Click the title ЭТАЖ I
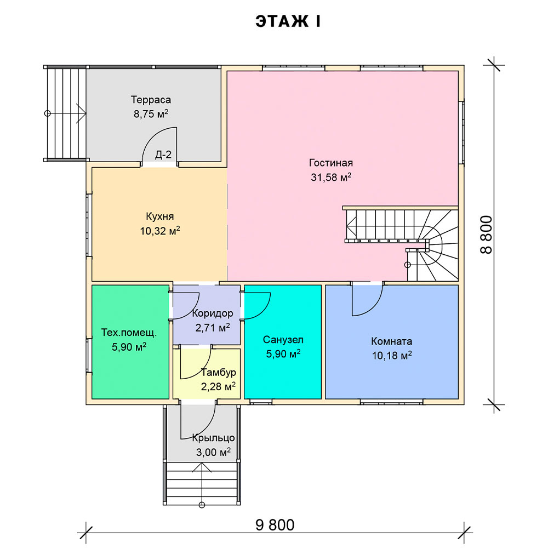(x=288, y=21)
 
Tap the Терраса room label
(x=151, y=100)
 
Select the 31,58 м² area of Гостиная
(x=331, y=177)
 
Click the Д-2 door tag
(x=163, y=155)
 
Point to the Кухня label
(x=159, y=216)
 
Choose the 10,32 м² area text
(x=160, y=231)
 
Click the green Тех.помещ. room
(x=130, y=342)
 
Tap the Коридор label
(x=213, y=313)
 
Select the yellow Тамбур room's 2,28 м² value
(x=218, y=386)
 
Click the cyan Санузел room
(x=283, y=342)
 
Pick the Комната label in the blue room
(x=391, y=341)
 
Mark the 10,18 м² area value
(x=392, y=356)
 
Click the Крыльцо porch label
(x=213, y=438)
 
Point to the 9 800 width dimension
(x=275, y=525)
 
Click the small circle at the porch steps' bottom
(x=201, y=505)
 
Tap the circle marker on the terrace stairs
(x=48, y=113)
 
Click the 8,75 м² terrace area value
(x=151, y=114)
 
